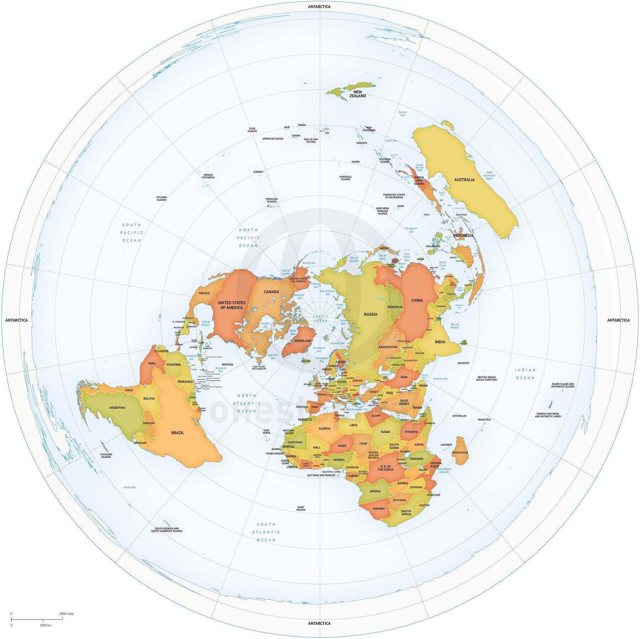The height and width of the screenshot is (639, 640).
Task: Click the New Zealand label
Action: (x=357, y=94)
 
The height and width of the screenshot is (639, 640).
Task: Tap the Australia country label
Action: (x=464, y=180)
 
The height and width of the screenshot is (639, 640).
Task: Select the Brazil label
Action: (x=177, y=433)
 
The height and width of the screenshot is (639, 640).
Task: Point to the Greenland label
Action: (x=303, y=341)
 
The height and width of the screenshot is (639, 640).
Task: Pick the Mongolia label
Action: (x=395, y=307)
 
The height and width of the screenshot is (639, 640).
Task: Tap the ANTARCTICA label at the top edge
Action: (x=319, y=7)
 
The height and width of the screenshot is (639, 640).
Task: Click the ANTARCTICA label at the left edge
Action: (x=16, y=320)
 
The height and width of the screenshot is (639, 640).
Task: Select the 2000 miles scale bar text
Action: (x=66, y=613)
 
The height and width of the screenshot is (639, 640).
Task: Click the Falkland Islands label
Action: (x=106, y=455)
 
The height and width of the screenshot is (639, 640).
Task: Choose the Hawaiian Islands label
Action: (x=272, y=200)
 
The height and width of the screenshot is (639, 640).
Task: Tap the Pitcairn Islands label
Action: (x=161, y=198)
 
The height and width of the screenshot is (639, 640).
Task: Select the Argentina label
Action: (x=117, y=408)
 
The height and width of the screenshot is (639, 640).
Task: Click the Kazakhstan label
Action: (x=388, y=347)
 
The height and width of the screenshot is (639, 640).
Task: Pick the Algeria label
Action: (x=324, y=429)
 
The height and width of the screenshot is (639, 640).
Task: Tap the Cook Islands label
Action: (x=252, y=130)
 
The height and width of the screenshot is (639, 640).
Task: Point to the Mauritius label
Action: (x=484, y=419)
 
